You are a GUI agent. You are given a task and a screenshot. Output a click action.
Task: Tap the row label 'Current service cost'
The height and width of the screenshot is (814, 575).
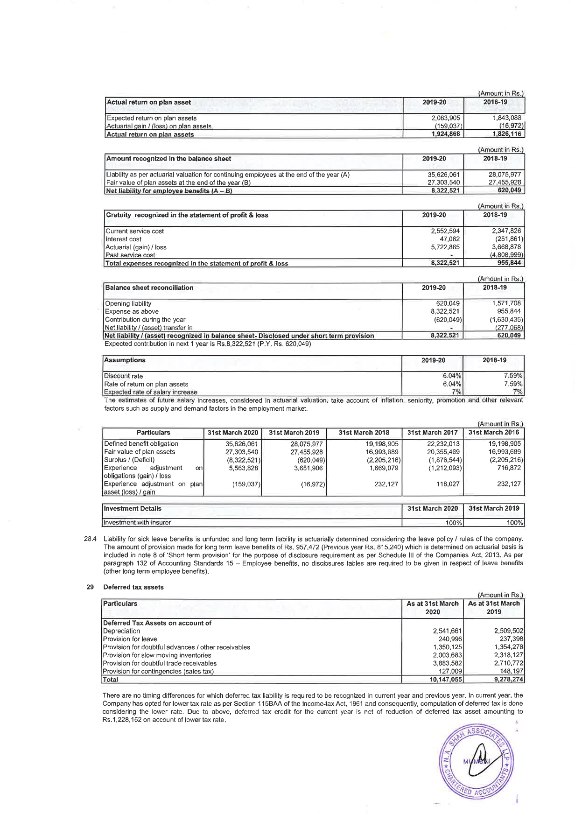click(x=135, y=231)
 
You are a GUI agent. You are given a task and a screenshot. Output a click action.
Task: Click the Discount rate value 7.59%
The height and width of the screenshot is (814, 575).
click(x=513, y=376)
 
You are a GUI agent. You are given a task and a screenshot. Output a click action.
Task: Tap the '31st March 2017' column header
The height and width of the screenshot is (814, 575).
click(x=432, y=433)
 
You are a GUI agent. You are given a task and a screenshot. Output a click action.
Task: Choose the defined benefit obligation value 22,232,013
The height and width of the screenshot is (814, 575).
click(x=441, y=444)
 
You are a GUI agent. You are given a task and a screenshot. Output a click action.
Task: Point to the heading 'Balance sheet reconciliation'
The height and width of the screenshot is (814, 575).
click(x=149, y=288)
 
